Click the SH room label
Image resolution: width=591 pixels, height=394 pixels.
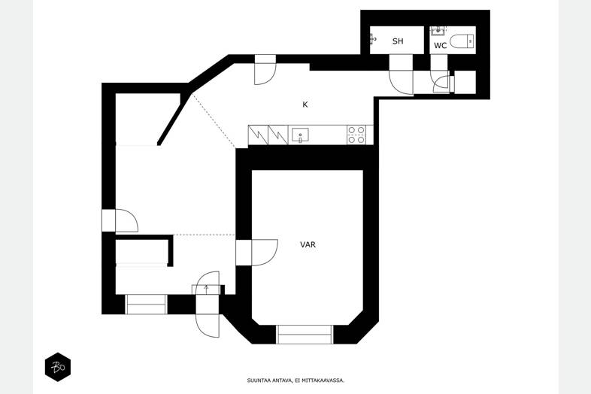398,41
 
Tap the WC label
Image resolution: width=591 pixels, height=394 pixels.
440,46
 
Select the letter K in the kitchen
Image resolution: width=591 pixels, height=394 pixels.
305,105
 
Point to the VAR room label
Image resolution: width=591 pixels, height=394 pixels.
308,244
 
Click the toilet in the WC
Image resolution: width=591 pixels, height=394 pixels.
462,41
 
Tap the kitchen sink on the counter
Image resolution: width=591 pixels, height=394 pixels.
301,135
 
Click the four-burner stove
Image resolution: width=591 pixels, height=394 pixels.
356,135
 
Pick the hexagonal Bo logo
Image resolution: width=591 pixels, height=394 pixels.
58,367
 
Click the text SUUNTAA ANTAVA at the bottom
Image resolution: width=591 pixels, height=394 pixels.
269,380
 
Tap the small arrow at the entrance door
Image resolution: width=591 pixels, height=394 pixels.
206,289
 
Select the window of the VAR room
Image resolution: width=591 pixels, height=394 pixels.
305,335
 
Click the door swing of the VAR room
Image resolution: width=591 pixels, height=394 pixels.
265,253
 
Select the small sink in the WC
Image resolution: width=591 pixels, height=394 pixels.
438,30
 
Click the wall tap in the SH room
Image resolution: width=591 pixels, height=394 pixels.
373,39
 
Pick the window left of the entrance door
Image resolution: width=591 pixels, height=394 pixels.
146,305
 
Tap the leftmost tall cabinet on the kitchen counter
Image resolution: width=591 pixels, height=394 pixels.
258,135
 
